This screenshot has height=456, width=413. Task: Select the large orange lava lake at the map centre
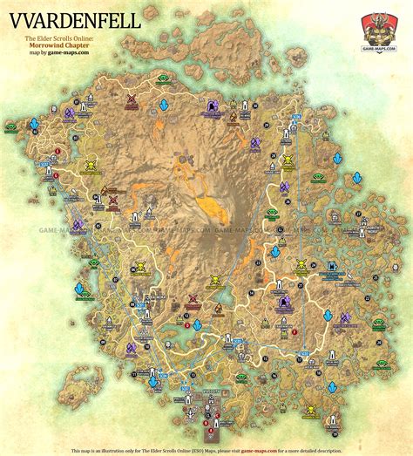(212, 207)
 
